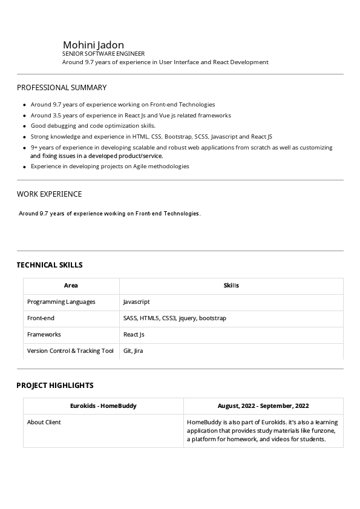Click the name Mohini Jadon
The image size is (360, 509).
[93, 45]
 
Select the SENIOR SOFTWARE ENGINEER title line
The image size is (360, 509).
[103, 54]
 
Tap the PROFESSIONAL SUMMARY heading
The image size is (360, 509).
[62, 88]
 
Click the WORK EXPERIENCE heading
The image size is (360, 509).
[49, 194]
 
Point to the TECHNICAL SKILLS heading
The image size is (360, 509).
[50, 265]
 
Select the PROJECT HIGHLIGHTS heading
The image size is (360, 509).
[55, 386]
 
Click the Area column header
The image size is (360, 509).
[71, 286]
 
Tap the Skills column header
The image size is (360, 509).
[231, 286]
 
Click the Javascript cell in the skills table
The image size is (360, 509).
[136, 301]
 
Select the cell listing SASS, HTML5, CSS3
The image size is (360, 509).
[174, 318]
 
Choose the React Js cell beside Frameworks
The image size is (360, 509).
[134, 334]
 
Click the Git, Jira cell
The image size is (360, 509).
[133, 350]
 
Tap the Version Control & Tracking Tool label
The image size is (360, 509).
[70, 350]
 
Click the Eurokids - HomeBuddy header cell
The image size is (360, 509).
[103, 406]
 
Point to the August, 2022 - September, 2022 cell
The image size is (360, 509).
[263, 406]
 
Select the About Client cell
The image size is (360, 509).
[44, 422]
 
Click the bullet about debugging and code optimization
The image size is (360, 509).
[93, 126]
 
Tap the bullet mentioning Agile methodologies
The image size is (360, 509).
[110, 166]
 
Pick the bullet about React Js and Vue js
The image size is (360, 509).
[131, 115]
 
